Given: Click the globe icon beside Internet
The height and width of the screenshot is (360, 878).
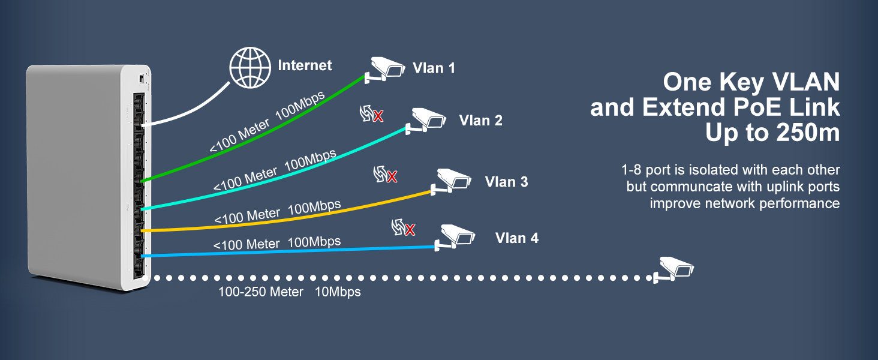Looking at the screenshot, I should tap(251, 65).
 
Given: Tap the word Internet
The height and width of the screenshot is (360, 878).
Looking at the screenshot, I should tap(305, 65).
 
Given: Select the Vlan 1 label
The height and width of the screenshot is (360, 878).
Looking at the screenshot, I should tap(434, 68).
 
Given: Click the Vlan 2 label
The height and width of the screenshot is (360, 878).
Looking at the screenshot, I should tap(480, 121).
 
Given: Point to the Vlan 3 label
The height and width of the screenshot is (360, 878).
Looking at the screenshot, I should tap(506, 182).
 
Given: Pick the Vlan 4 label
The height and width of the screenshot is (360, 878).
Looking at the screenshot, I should tap(516, 238).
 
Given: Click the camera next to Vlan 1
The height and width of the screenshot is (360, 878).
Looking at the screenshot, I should tap(386, 68).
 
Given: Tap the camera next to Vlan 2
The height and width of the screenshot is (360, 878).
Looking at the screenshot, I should tap(427, 119).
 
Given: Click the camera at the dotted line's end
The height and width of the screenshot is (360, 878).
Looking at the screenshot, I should tap(675, 268).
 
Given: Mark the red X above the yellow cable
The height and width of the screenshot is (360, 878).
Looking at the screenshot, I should tap(392, 177).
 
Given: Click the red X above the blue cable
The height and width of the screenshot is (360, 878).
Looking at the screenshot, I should tap(410, 230).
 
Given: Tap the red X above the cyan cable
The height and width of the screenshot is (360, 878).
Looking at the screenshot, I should tap(378, 116).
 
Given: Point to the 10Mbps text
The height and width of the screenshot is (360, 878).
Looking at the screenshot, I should tap(338, 292).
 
